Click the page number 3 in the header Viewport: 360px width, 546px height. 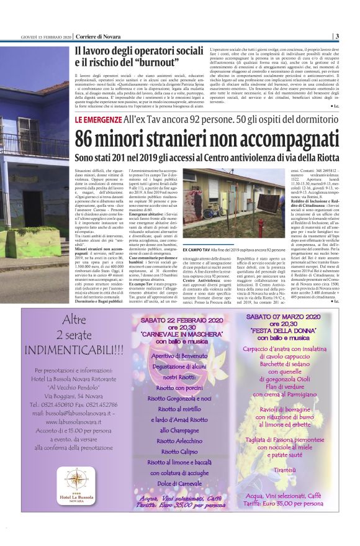pos(336,36)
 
